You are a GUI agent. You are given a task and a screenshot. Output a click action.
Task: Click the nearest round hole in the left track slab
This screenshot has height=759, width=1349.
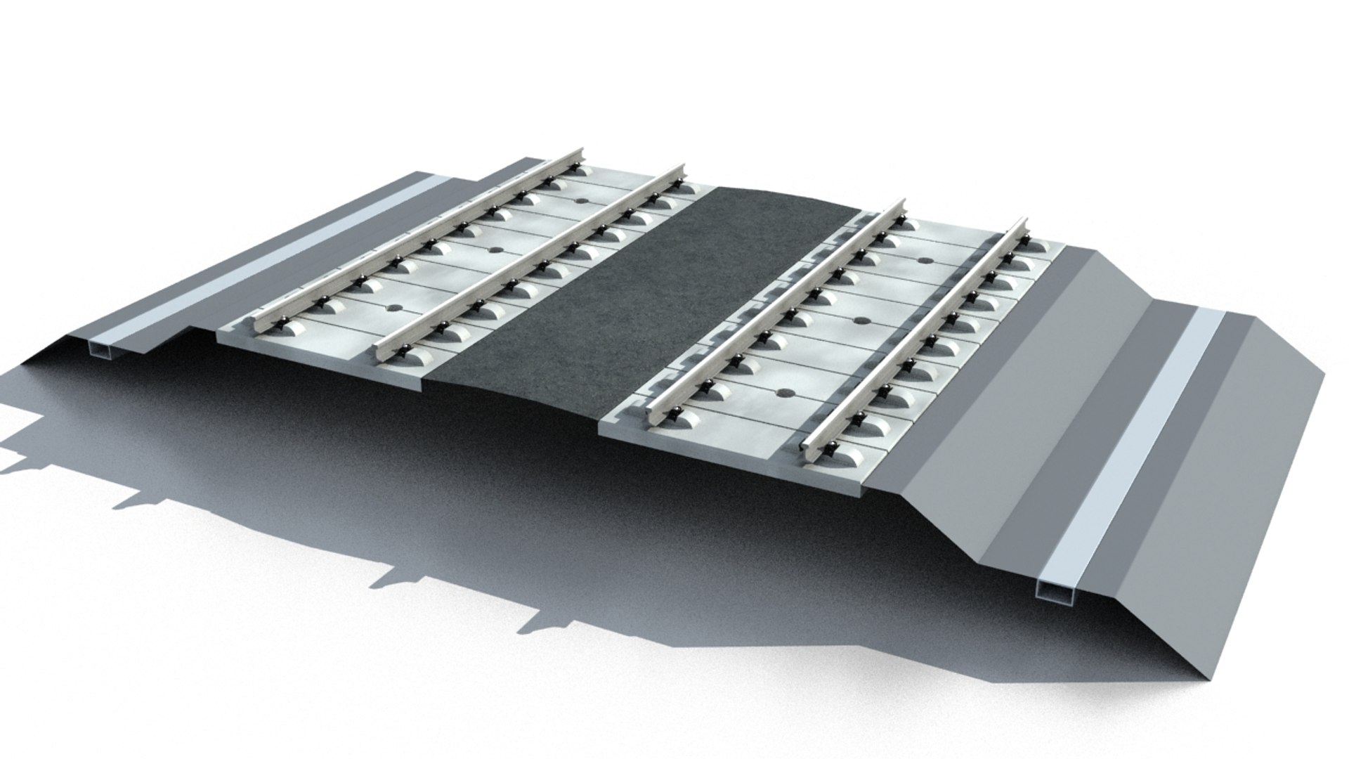(x=391, y=307)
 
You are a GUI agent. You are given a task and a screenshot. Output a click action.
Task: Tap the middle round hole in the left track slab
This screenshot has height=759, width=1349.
(x=490, y=250)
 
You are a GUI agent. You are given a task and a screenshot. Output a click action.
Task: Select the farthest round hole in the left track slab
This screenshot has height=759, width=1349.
(x=580, y=200)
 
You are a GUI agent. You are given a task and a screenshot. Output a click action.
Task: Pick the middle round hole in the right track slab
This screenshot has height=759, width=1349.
(x=859, y=321)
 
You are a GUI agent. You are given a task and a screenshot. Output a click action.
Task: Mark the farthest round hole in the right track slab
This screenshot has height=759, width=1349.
(x=925, y=261)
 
